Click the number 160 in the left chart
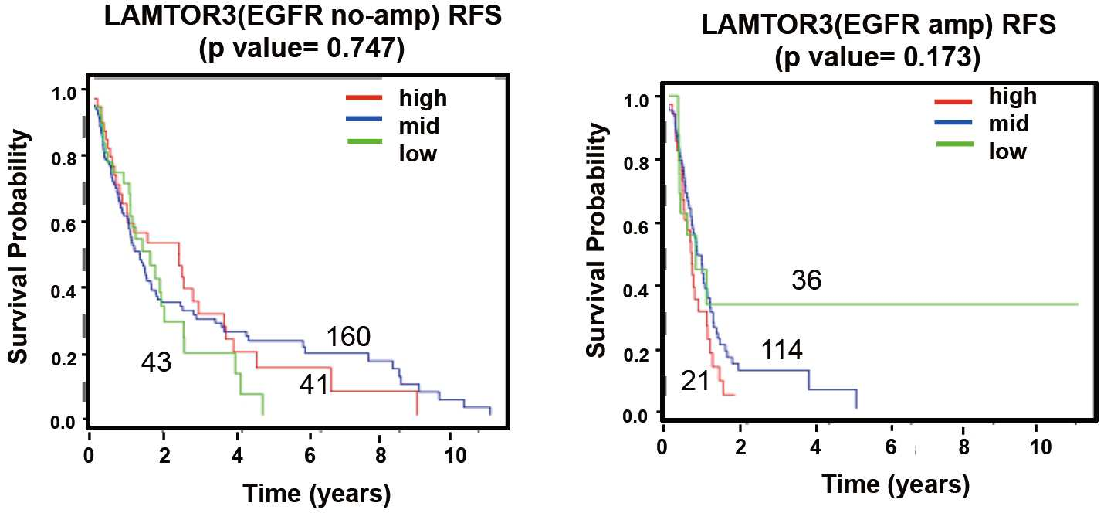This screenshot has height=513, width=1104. click(348, 337)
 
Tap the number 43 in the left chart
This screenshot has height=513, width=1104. click(156, 362)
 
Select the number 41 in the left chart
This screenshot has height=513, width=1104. click(313, 385)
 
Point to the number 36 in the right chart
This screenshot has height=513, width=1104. click(807, 280)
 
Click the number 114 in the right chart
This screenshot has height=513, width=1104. click(781, 350)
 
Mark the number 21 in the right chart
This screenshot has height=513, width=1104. click(695, 382)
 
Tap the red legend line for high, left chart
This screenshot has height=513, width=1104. click(364, 97)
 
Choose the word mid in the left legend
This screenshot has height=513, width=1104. click(419, 125)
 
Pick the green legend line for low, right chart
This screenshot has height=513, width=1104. click(955, 144)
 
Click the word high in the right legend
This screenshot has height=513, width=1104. click(1013, 96)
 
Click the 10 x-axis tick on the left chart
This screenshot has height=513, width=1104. click(455, 455)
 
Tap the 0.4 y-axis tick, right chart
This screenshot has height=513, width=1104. click(636, 290)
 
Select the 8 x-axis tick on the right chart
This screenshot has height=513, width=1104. click(964, 447)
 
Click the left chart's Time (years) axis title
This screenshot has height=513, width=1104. click(317, 493)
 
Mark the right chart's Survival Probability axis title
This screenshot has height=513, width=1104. click(597, 240)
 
